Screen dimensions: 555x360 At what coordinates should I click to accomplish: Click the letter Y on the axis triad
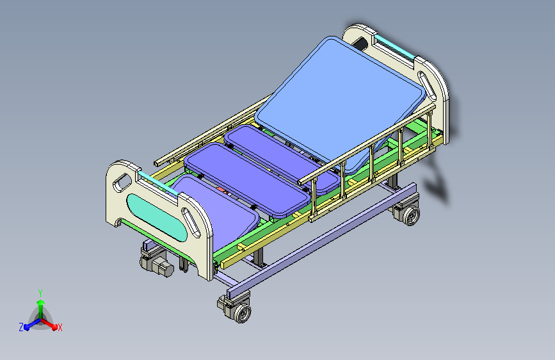pos(40,293)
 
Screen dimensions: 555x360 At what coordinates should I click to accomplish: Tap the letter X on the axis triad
pos(60,327)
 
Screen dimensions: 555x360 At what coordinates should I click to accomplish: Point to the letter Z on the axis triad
pos(21,327)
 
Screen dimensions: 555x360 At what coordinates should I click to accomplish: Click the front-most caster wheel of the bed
pos(243,313)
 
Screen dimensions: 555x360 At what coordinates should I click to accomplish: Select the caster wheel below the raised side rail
pos(411,215)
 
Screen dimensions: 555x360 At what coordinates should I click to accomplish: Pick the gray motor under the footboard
pos(157,265)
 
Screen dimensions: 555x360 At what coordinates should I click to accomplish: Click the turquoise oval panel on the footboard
pos(156,218)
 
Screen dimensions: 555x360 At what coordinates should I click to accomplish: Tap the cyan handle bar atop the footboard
pos(158,183)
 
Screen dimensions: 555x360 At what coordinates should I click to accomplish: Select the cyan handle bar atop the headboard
pos(394,46)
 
